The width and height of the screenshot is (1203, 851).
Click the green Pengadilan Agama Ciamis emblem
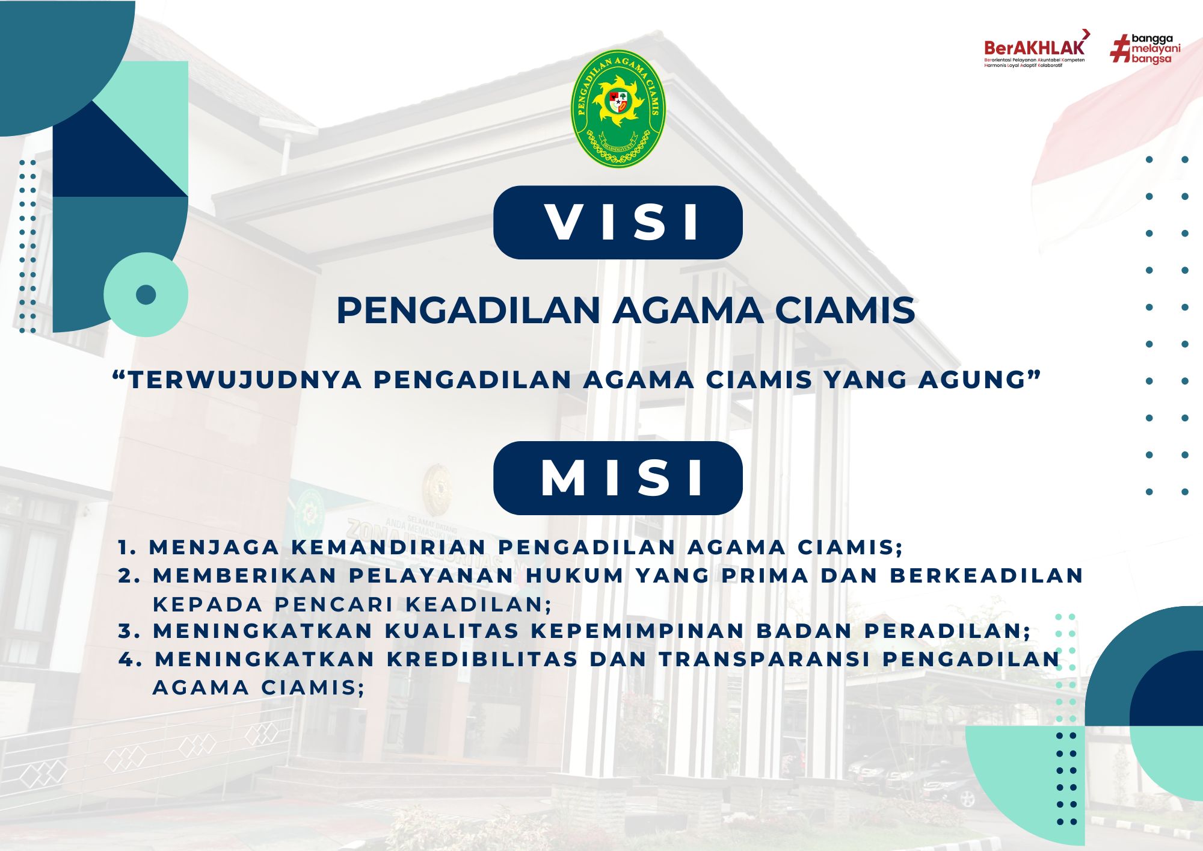[x=618, y=108]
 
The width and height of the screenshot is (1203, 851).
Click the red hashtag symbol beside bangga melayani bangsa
[x=1119, y=49]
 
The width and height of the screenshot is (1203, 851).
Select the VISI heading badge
[x=618, y=222]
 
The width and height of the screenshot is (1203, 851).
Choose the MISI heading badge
[x=618, y=478]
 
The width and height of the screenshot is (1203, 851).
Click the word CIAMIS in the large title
[x=845, y=311]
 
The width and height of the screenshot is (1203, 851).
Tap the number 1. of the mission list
[x=128, y=548]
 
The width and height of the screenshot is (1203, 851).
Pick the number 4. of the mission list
[x=131, y=660]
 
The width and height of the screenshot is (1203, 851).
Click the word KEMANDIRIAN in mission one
[x=389, y=548]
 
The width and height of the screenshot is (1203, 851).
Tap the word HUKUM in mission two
[x=574, y=576]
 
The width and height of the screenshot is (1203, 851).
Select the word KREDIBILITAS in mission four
[x=482, y=660]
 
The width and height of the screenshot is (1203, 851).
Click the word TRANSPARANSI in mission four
[x=765, y=660]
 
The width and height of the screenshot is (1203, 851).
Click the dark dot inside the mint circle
[x=146, y=295]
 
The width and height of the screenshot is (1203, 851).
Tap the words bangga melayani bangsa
[x=1155, y=49]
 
